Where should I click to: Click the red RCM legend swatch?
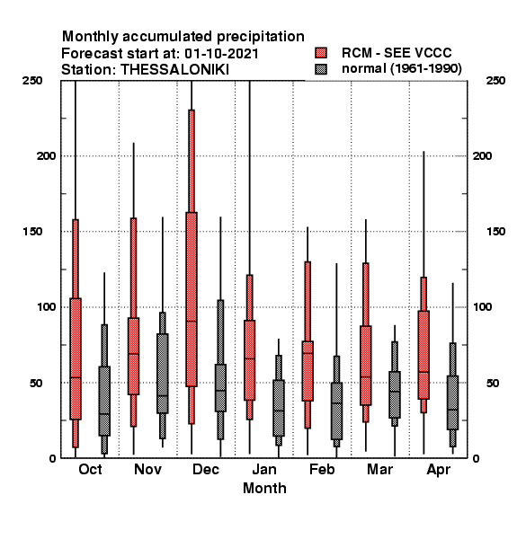pos(321,53)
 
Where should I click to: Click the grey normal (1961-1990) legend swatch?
pos(321,69)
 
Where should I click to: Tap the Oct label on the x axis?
pos(90,469)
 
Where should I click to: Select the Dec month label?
pos(206,469)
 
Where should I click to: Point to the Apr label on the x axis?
pos(438,470)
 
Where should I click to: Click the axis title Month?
pos(264,488)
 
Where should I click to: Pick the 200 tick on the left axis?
pos(46,155)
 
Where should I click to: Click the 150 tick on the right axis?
pos(495,232)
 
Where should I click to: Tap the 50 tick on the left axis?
pos(36,383)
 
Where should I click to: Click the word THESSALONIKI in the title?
pos(174,70)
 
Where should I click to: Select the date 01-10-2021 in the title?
pos(221,53)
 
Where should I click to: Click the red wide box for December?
pos(192,299)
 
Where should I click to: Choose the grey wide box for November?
pos(163,374)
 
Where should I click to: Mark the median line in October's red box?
pos(76,377)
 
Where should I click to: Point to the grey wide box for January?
pos(279,408)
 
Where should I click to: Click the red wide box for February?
pos(308,371)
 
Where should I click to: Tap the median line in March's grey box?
pos(395,391)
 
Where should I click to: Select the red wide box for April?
pos(423,355)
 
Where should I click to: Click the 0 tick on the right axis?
pos(477,458)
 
